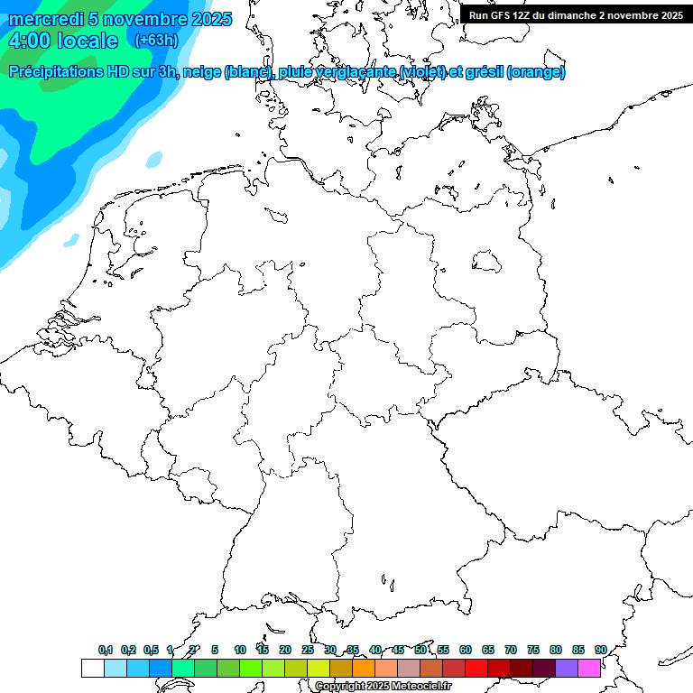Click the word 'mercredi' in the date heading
click(45, 19)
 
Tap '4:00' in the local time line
click(29, 41)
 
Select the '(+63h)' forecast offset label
click(156, 41)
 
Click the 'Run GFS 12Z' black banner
click(576, 15)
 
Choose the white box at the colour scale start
click(92, 669)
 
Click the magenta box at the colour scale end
click(589, 669)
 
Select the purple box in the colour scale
click(567, 669)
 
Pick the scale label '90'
click(600, 650)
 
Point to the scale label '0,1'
click(106, 650)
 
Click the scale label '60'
click(466, 650)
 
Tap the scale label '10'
click(239, 650)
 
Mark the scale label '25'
click(308, 650)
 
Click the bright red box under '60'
click(476, 669)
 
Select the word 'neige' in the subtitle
click(200, 72)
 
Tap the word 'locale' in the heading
click(88, 41)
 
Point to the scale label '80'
click(555, 650)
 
